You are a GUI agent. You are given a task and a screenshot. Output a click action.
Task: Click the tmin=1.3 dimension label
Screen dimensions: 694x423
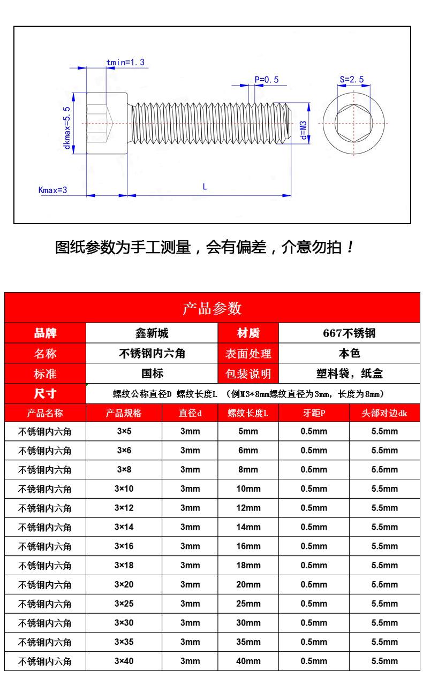click(125, 63)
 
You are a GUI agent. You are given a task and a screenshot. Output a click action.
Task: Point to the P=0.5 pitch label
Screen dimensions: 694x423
click(266, 80)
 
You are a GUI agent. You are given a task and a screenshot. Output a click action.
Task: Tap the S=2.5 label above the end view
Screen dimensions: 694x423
click(351, 80)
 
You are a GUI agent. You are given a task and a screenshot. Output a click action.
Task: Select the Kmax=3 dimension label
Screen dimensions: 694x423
click(52, 190)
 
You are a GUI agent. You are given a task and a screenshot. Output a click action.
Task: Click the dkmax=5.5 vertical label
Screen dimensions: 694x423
click(67, 128)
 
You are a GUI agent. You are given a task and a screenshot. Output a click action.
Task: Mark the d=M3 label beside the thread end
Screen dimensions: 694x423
click(303, 129)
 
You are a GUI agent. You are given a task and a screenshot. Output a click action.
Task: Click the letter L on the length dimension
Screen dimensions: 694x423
click(205, 187)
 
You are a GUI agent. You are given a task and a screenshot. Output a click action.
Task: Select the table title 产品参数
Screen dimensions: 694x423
click(212, 308)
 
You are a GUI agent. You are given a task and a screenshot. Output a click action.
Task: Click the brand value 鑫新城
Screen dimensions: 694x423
click(152, 333)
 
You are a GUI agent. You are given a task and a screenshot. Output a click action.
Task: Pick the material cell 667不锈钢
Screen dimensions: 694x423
click(349, 333)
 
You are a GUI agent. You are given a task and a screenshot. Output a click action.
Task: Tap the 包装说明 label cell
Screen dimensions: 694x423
click(248, 373)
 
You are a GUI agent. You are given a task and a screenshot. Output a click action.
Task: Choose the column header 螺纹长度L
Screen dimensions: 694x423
click(248, 413)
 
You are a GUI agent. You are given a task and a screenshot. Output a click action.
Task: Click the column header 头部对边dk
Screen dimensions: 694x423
click(384, 413)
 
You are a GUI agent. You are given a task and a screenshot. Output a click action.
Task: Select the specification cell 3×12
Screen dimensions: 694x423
click(124, 508)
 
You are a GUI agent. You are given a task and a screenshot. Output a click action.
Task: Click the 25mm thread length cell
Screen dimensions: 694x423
click(248, 604)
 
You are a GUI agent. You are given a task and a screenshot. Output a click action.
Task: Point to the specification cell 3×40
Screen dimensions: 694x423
click(124, 661)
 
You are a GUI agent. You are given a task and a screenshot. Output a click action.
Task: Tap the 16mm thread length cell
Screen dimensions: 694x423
click(248, 546)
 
